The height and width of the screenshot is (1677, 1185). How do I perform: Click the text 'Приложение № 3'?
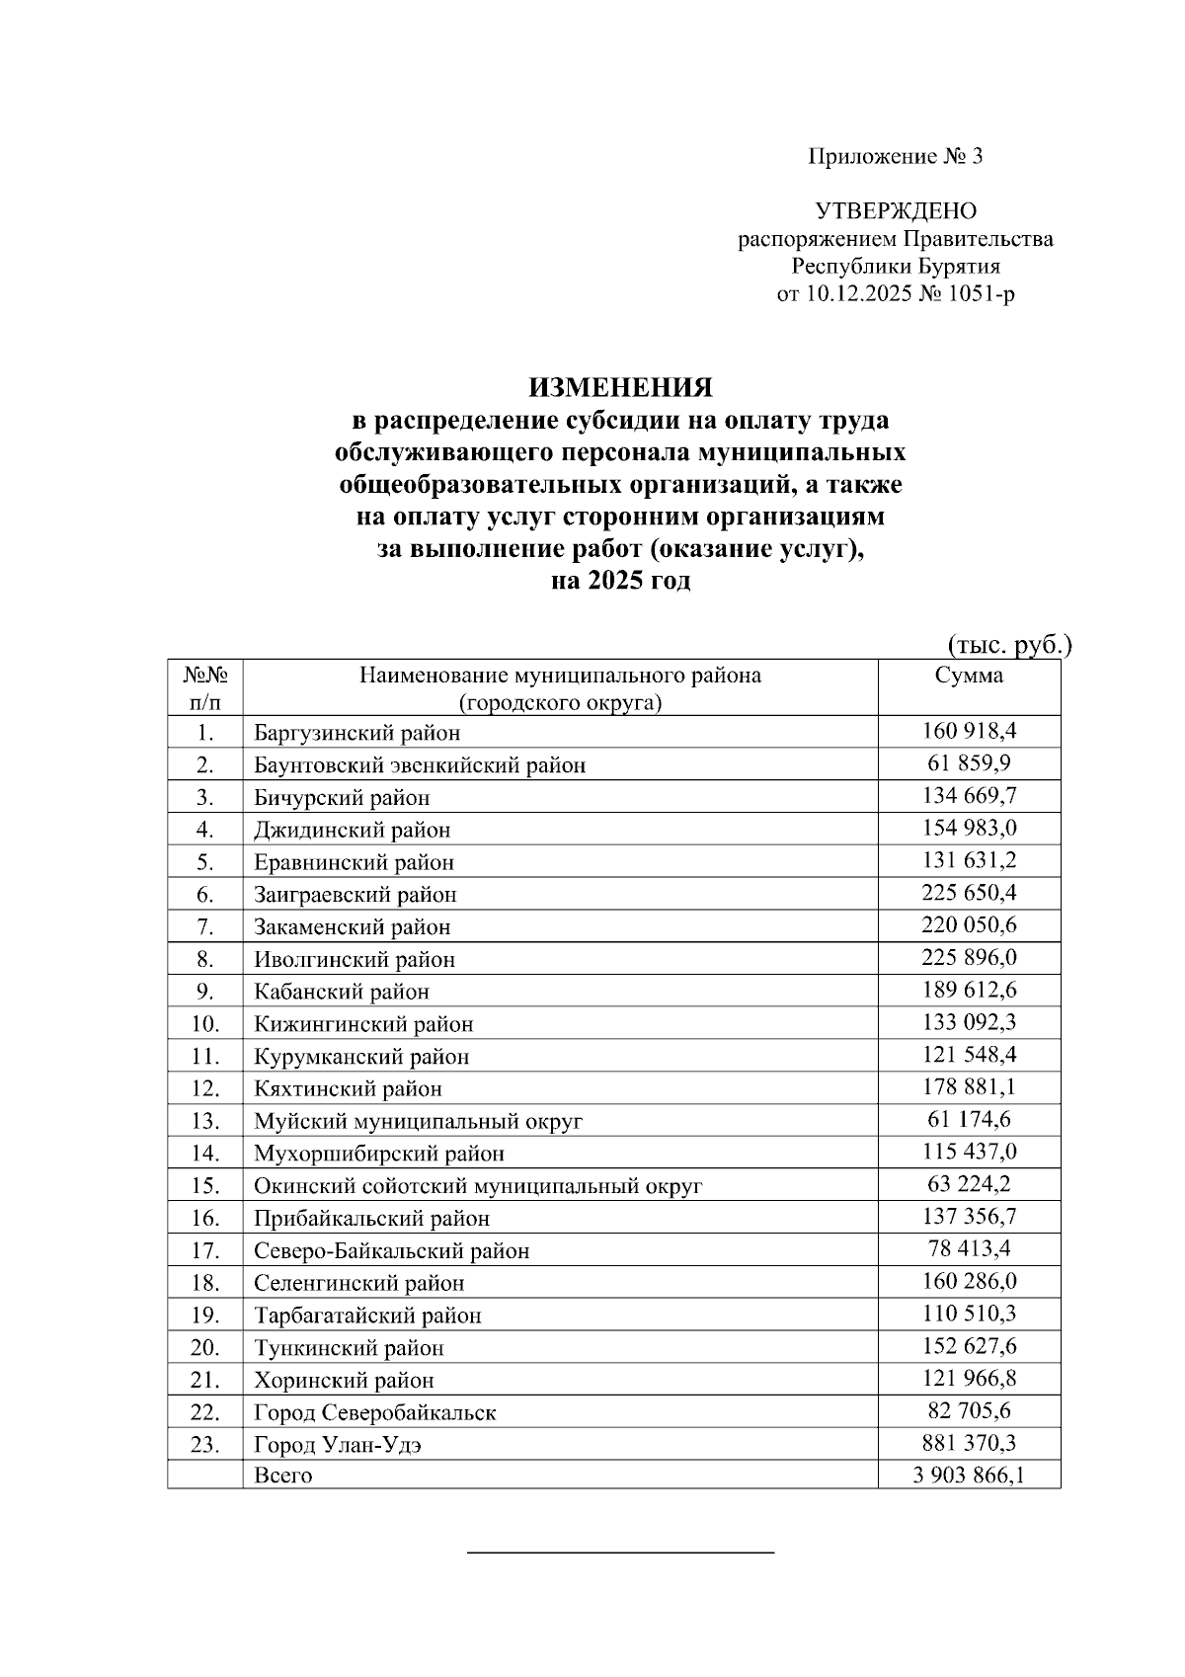[896, 156]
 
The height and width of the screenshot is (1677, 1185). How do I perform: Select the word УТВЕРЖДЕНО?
[896, 211]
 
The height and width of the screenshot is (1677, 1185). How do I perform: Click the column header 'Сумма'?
[969, 676]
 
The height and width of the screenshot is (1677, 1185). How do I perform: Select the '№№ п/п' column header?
[205, 688]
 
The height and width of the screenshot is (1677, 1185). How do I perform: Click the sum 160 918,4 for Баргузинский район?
[969, 731]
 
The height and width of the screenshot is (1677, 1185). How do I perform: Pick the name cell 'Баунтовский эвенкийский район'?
[420, 765]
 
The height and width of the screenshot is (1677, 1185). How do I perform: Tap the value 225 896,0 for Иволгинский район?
[969, 957]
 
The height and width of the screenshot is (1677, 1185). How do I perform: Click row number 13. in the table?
[204, 1121]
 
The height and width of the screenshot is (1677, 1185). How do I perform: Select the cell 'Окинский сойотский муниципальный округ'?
[478, 1186]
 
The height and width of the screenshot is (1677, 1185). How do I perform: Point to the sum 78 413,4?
[969, 1248]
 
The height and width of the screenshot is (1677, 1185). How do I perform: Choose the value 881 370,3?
[969, 1443]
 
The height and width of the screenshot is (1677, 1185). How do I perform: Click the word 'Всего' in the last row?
[283, 1476]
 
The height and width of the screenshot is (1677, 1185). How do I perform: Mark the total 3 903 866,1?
[969, 1476]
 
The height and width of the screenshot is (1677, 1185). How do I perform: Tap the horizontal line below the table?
[620, 1554]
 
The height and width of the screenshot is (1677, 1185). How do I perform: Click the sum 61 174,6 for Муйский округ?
[969, 1119]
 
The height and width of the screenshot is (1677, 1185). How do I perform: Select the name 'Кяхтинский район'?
[348, 1089]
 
